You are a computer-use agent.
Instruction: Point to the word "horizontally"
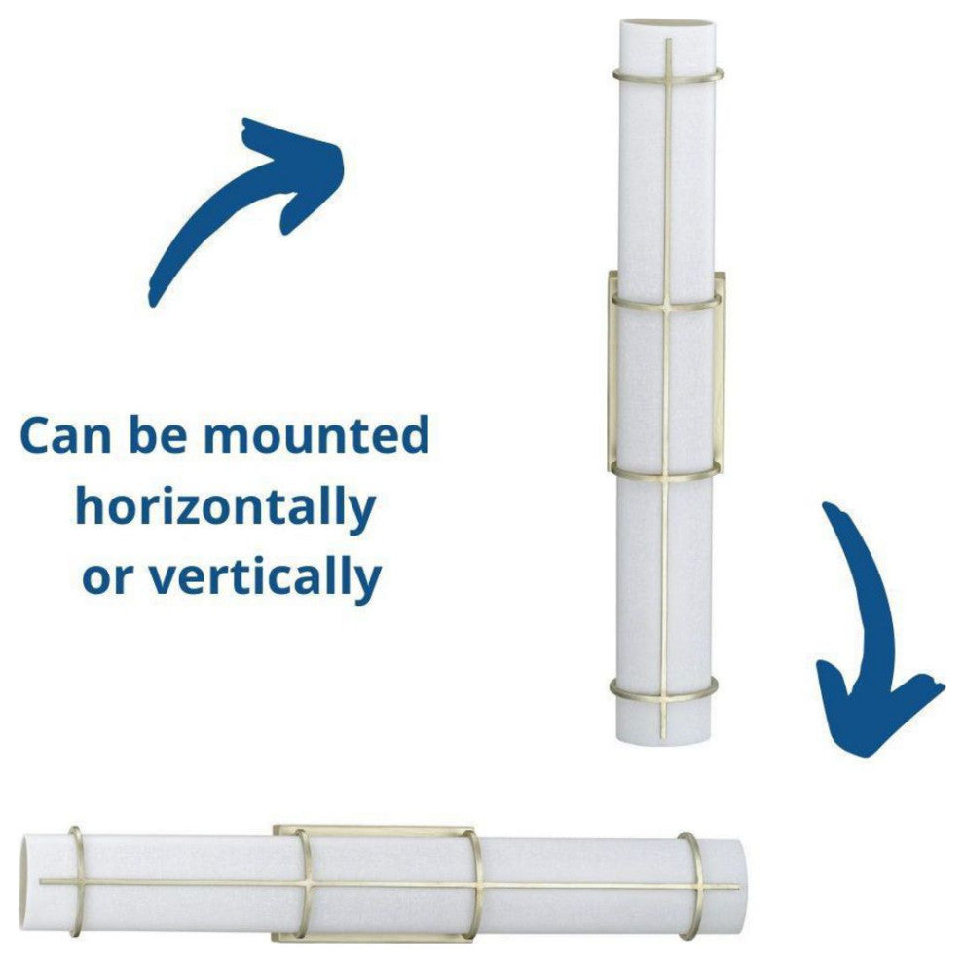(x=226, y=507)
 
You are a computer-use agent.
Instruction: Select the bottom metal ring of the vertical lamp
(x=663, y=698)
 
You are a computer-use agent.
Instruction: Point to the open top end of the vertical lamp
(x=668, y=23)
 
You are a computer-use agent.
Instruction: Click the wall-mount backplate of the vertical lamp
(x=721, y=369)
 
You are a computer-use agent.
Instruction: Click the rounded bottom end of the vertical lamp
(x=665, y=740)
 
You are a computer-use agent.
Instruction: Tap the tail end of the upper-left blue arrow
(x=151, y=300)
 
